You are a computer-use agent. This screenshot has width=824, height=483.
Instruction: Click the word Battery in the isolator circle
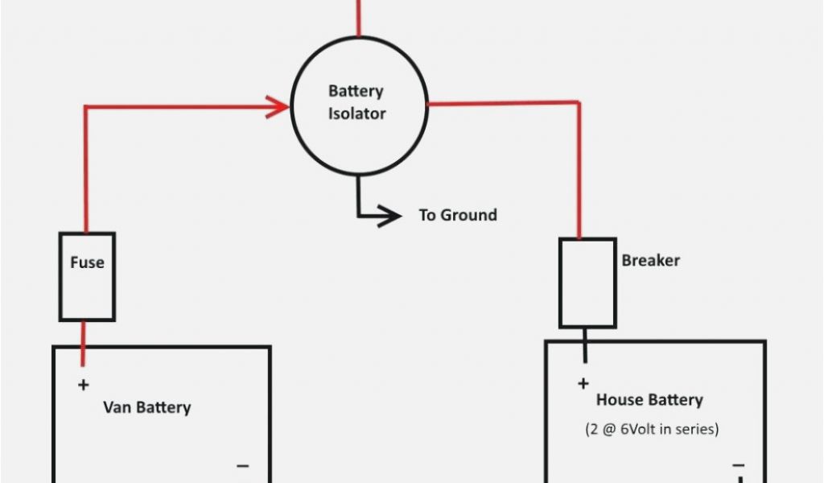(356, 92)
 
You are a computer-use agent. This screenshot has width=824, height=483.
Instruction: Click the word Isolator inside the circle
(356, 114)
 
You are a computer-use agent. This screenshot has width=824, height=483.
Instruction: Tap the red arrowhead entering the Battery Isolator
(278, 107)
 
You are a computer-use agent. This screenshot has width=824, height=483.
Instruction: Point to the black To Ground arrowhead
(389, 216)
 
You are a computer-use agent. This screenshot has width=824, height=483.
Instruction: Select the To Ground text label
(458, 215)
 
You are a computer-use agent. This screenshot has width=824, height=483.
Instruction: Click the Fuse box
(87, 276)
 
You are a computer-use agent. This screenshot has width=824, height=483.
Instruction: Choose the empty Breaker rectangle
(587, 283)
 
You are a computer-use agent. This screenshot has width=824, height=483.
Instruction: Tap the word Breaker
(650, 260)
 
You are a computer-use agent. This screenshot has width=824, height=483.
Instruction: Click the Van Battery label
(147, 408)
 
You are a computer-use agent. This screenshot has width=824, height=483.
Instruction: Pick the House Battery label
(649, 400)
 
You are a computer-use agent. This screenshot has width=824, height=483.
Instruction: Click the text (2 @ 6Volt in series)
(652, 429)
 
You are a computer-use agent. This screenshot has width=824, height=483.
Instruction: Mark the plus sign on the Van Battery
(83, 386)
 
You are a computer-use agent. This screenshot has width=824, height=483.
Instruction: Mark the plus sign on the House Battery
(583, 384)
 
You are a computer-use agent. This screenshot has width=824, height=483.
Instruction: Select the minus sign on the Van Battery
(243, 465)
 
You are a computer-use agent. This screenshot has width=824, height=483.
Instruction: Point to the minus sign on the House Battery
(739, 465)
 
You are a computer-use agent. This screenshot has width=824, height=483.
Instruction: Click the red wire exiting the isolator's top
(359, 19)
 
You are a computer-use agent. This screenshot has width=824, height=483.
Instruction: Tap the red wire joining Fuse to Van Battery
(83, 343)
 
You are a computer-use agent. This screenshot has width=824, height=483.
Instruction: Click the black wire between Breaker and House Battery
(585, 345)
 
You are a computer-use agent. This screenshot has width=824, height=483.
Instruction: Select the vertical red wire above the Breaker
(579, 170)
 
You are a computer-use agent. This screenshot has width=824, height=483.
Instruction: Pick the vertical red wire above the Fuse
(86, 170)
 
